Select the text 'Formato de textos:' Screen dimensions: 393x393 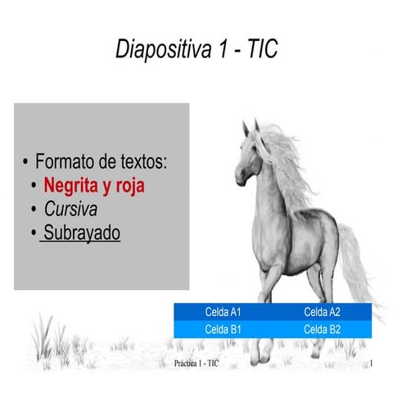[x=102, y=160]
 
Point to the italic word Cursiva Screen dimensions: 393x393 [x=71, y=209]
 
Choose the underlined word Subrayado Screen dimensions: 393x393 [x=82, y=233]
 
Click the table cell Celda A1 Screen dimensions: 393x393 [x=223, y=312]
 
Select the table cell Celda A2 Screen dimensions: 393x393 [x=322, y=312]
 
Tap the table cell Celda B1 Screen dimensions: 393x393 [x=223, y=329]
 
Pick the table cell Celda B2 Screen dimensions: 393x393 [x=322, y=329]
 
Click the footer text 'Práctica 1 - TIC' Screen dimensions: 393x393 [x=196, y=362]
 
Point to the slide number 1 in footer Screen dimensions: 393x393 [x=371, y=362]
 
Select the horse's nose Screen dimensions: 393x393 [x=239, y=178]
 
